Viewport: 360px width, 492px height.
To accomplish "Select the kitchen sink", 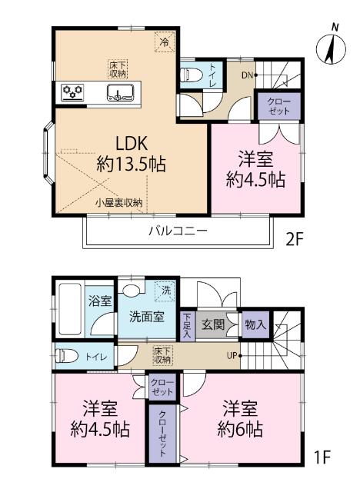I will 120,94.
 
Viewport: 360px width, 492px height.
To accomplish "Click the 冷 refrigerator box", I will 163,43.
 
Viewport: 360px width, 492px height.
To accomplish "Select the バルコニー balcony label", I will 177,231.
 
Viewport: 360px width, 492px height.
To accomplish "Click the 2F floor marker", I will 296,238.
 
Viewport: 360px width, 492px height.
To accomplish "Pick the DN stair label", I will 247,75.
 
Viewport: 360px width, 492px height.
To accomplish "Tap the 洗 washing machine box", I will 163,291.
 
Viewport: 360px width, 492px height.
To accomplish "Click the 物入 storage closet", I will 253,324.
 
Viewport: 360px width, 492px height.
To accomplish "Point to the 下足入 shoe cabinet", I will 186,324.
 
